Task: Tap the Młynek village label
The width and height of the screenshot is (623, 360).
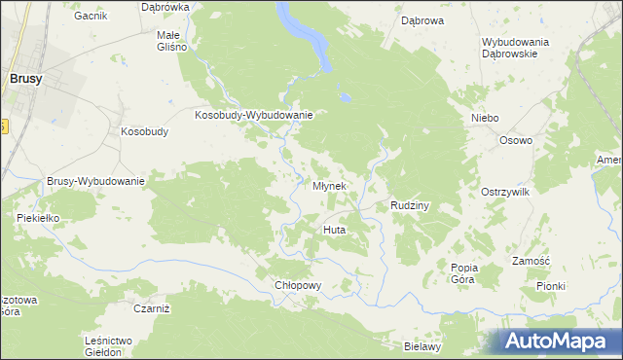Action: click(329, 186)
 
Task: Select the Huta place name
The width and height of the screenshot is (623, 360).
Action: click(334, 230)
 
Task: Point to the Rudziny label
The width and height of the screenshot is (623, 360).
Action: click(410, 206)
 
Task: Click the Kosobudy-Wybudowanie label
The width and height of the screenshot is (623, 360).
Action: click(253, 115)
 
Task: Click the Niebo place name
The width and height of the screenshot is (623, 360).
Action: click(485, 118)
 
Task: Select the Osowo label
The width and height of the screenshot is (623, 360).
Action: click(516, 140)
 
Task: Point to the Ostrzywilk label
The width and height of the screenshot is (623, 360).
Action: click(504, 193)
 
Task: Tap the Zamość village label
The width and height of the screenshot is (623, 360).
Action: click(531, 261)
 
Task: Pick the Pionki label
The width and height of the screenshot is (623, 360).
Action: click(550, 286)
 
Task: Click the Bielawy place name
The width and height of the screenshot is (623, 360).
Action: click(423, 346)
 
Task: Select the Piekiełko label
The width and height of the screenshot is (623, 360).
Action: click(39, 218)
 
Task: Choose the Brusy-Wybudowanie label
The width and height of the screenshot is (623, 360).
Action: click(95, 181)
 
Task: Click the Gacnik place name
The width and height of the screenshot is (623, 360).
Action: click(89, 17)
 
